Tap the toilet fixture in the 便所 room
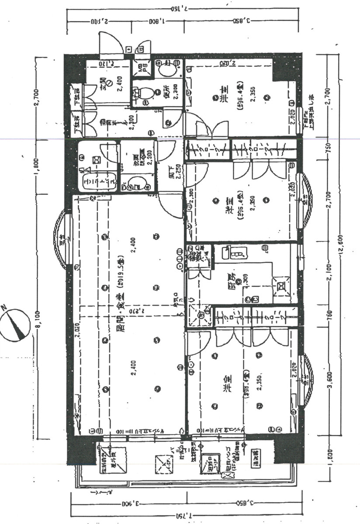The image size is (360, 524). pos(145,92)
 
